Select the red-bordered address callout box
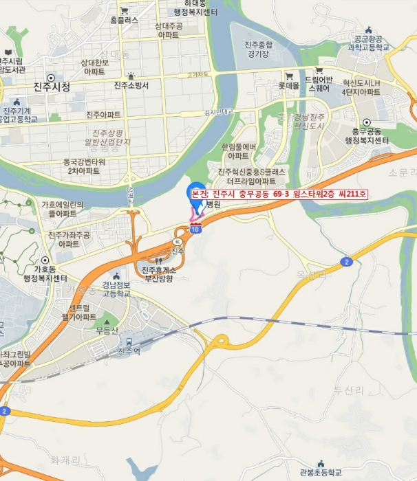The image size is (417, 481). pos(279,195)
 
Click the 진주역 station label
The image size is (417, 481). pos(129,351)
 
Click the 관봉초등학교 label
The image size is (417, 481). pos(321,473)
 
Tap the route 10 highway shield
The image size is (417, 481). pos(196,230)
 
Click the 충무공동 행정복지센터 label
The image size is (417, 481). pos(367,136)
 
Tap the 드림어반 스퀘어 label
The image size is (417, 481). pos(319,83)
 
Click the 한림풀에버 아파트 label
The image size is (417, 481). pos(239,152)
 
